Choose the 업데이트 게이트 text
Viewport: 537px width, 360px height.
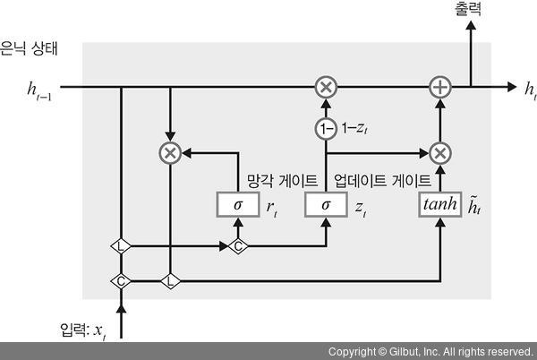coord(381,179)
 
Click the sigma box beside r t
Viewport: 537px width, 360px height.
coord(237,205)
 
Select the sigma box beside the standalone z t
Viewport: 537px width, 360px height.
coord(325,205)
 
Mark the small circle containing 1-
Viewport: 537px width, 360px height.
coord(325,129)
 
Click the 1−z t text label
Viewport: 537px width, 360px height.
coord(355,129)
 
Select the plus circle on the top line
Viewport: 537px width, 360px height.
coord(439,87)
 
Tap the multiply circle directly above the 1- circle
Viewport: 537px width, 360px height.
coord(325,87)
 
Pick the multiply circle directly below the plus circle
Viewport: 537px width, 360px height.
coord(439,152)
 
